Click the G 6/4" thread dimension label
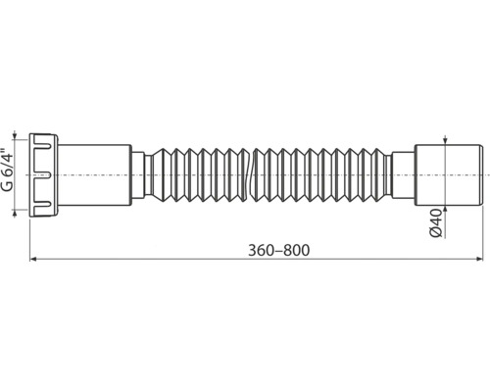coord(8,170)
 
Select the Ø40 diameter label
coord(436,223)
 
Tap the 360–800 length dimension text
coord(278,251)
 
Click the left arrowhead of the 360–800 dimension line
coord(32,259)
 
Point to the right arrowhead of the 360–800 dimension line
coord(479,259)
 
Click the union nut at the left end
coord(44,175)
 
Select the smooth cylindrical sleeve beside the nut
coord(95,175)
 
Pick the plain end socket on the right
coord(449,175)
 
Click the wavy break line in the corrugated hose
coord(250,175)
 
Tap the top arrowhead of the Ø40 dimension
coord(445,141)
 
